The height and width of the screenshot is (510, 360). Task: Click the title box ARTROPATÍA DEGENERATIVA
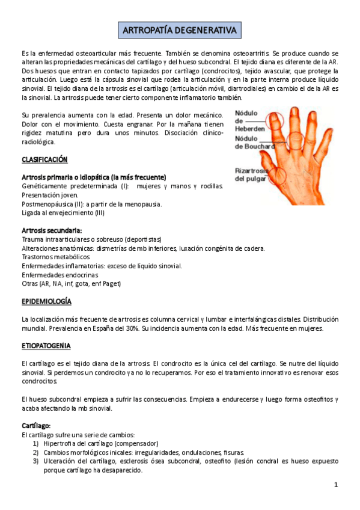(180, 29)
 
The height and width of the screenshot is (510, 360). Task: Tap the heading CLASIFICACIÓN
(44, 159)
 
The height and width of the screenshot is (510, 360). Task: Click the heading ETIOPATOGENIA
(46, 346)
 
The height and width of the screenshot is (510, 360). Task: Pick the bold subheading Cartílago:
(36, 426)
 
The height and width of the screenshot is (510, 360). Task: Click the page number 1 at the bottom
(337, 485)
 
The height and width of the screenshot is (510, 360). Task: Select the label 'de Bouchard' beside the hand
(255, 146)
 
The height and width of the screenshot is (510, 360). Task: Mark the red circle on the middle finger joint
(296, 142)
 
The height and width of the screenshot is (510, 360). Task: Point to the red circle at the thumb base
(278, 175)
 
